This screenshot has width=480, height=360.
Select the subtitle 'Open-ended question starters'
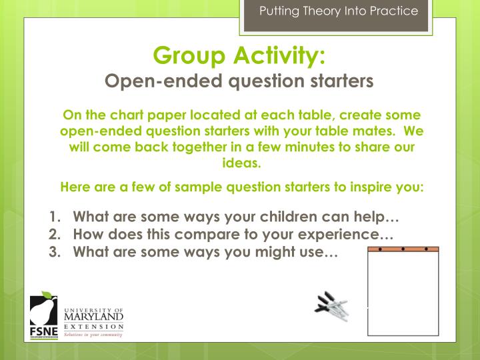click(239, 81)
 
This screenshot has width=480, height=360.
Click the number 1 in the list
click(53, 217)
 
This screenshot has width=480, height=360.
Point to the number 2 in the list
click(53, 235)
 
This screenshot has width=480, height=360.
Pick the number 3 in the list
click(53, 252)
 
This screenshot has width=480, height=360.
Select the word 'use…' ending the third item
click(323, 252)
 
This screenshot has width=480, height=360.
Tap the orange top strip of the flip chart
click(403, 249)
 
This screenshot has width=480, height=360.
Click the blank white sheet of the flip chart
click(403, 293)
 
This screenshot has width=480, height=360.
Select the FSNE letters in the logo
click(44, 332)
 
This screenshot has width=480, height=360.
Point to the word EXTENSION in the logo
click(94, 327)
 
